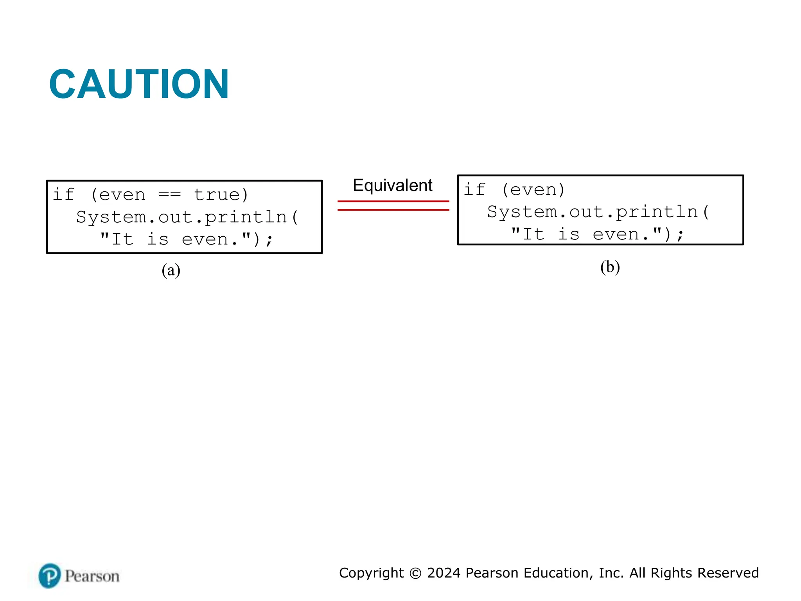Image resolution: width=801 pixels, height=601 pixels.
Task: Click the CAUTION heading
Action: (139, 84)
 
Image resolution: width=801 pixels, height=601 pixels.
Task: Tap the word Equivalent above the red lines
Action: (392, 185)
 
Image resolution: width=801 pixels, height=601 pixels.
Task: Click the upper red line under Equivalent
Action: (393, 202)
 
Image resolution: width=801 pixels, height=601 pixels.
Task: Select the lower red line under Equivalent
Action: (393, 210)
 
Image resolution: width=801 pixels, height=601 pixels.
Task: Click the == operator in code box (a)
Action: (169, 195)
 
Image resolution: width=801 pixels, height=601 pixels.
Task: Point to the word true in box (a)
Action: (216, 195)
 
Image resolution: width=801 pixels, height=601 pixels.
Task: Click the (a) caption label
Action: (171, 270)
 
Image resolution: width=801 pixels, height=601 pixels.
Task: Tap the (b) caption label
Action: (610, 267)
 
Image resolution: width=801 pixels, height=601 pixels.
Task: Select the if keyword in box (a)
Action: (63, 195)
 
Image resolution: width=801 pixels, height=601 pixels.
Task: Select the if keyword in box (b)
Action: (474, 190)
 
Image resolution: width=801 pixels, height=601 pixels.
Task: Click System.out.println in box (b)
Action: (593, 212)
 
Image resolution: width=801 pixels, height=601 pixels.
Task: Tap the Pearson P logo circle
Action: (50, 576)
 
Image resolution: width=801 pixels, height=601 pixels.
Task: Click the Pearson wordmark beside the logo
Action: (92, 576)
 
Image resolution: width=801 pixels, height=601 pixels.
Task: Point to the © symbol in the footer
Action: (415, 573)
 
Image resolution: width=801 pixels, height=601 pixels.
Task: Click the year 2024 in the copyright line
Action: (444, 573)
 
